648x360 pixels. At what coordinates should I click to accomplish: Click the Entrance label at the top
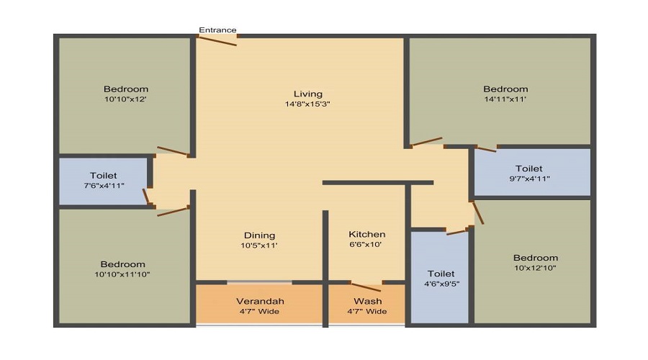217,30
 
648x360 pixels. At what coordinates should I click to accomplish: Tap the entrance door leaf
216,40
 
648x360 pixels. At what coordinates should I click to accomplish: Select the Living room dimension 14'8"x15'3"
307,104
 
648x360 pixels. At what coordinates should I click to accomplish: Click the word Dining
259,235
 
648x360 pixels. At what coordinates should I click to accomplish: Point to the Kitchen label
367,234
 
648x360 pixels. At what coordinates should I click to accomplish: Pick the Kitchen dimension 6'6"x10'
365,244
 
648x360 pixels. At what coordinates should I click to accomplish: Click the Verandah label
260,301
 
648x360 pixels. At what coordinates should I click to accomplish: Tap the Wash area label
367,301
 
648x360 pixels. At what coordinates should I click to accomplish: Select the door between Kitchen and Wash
366,286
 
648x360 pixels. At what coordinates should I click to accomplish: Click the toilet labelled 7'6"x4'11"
103,180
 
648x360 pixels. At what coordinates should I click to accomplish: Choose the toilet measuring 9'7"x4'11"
532,172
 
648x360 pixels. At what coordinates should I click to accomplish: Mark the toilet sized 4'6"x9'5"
440,277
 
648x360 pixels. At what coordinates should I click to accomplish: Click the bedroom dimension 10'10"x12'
125,99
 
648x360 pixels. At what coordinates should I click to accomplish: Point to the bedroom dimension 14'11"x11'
505,99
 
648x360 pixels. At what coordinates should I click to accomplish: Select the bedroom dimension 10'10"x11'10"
122,274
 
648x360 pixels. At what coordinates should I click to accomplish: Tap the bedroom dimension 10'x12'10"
535,267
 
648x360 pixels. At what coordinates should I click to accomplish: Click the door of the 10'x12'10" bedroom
478,213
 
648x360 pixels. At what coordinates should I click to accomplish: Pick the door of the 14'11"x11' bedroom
427,141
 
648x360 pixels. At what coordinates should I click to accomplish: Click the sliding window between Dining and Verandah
259,282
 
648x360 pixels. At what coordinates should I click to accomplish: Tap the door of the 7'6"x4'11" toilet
145,196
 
